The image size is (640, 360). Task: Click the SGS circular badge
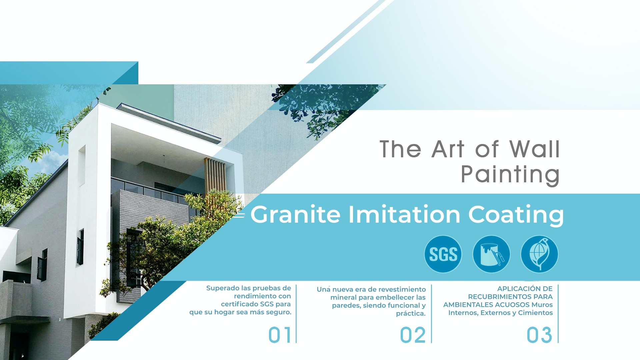click(443, 254)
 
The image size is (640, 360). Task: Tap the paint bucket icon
click(491, 254)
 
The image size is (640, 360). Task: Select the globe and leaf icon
click(539, 254)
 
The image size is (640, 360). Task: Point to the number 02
click(413, 335)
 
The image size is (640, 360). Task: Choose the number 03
click(539, 335)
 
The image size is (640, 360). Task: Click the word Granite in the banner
click(295, 214)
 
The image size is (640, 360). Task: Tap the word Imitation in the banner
click(404, 214)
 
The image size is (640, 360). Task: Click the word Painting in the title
click(510, 174)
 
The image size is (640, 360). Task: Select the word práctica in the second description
click(411, 314)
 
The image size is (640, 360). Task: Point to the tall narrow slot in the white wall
click(81, 165)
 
